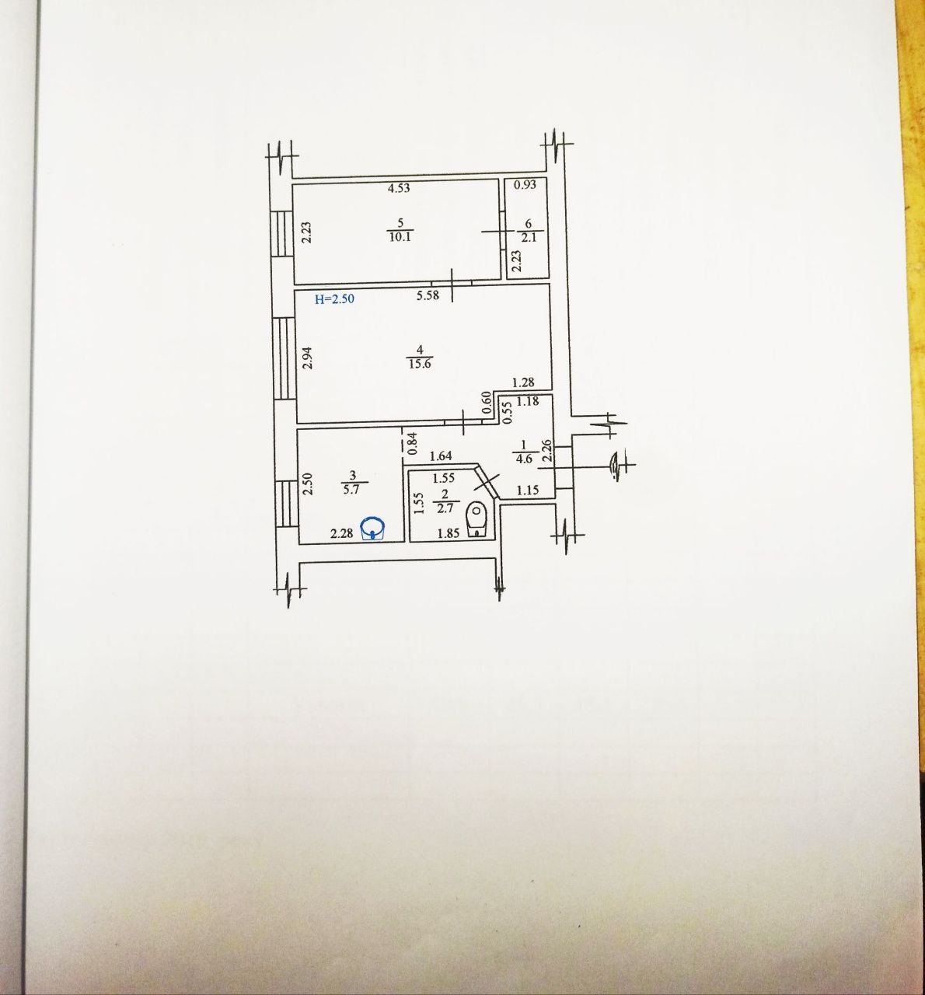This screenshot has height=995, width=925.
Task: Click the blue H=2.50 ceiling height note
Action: coord(334,299)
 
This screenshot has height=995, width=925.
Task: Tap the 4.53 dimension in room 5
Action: coord(400,188)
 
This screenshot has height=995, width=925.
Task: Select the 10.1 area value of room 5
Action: coord(400,236)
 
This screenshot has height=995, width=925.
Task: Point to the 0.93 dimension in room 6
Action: coord(525,184)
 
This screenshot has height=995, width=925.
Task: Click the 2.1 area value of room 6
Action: coord(529,237)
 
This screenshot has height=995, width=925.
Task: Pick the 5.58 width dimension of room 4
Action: coord(428,295)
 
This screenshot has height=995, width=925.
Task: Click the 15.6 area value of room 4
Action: coord(420,364)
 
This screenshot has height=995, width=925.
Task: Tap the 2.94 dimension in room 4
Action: coord(308,358)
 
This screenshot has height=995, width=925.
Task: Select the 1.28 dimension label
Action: coord(523,382)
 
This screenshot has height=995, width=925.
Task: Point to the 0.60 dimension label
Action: coord(486,403)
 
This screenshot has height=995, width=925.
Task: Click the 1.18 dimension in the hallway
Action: coord(528,401)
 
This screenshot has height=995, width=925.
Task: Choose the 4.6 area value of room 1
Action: coord(524,458)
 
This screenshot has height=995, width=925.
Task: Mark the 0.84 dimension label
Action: coord(414,443)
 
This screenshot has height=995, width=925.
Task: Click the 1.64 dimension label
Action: coord(441,456)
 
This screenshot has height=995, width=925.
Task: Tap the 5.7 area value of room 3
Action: coord(351,490)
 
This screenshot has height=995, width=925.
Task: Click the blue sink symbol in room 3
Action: coord(373,529)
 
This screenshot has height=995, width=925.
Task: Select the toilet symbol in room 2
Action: coord(476,521)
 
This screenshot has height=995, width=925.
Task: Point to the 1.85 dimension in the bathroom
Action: coord(448,533)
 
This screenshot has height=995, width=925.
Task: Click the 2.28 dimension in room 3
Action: coord(341,533)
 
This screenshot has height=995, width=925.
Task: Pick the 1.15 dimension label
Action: coord(528,490)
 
